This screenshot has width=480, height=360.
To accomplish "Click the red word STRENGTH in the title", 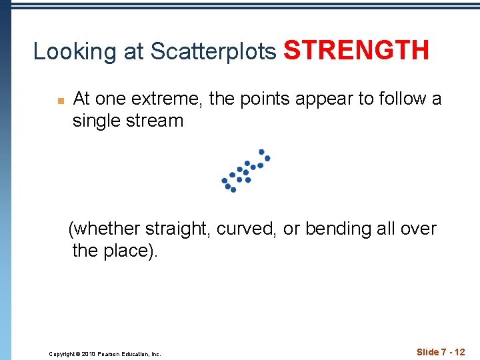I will click(356, 49).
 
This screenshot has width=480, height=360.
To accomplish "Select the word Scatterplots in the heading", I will click(213, 51).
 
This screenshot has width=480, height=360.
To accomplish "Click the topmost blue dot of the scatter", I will click(261, 151).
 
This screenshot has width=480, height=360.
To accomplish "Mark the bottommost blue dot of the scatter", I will click(233, 190).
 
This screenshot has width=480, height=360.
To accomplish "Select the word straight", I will click(181, 229).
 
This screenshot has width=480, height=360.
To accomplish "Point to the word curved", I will click(247, 229).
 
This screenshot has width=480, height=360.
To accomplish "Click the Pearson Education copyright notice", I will click(105, 354).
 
